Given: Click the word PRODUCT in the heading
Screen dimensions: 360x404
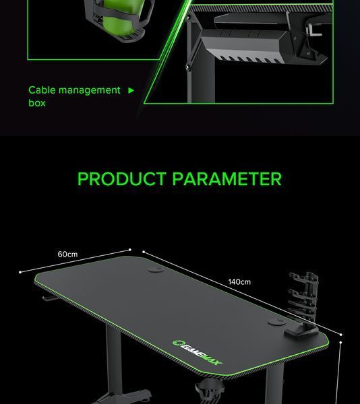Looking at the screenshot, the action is tap(122, 179).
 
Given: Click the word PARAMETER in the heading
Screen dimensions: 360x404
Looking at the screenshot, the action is tap(227, 179).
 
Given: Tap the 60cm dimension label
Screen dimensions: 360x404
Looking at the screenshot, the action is tap(67, 255).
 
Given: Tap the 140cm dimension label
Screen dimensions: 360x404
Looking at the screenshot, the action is tap(239, 282).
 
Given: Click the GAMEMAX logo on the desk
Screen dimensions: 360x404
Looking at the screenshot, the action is tap(198, 352).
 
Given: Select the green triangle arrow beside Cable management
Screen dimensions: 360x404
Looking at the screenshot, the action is tap(131, 90).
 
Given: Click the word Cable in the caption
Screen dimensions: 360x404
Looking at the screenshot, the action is tap(42, 90).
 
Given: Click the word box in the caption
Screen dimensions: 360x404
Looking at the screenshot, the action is tap(37, 103).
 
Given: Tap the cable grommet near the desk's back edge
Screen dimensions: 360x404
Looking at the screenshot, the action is tap(156, 270).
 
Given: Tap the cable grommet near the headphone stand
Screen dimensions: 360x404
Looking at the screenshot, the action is tap(276, 322).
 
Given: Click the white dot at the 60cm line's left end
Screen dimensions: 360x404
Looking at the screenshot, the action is tap(20, 272).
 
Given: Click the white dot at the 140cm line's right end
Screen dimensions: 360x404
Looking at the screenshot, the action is tap(341, 335).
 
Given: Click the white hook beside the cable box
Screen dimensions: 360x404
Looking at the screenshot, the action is tap(313, 30).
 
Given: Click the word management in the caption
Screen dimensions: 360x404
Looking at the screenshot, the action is tap(89, 91).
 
